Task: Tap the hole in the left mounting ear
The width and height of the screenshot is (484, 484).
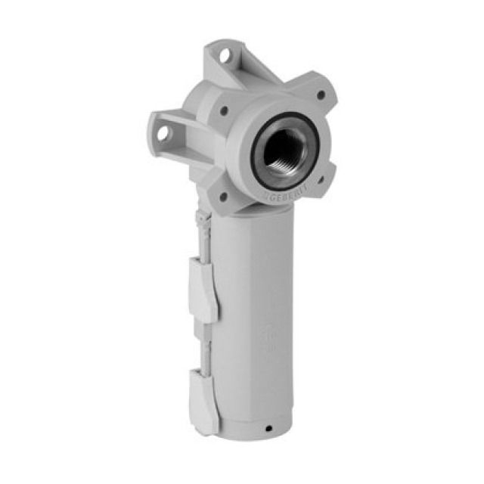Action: pos(163,133)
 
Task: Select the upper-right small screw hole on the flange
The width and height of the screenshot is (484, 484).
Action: pos(321,96)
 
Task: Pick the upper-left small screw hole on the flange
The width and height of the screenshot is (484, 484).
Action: pos(225,110)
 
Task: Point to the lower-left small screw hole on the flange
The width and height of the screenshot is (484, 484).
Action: pos(224,197)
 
